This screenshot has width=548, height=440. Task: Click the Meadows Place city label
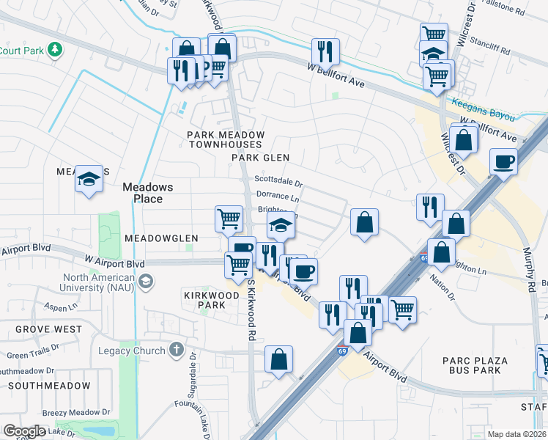click(x=147, y=193)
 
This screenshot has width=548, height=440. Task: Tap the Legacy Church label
click(x=132, y=351)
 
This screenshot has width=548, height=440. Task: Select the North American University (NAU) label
click(x=99, y=282)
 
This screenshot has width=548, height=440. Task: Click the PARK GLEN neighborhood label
click(x=261, y=158)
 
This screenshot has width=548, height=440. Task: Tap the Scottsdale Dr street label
click(x=278, y=180)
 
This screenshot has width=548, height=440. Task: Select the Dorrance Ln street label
click(x=278, y=197)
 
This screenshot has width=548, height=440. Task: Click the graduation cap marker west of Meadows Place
click(x=88, y=180)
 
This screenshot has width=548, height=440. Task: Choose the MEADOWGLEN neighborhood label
click(x=161, y=238)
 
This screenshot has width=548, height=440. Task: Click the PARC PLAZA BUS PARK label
click(x=472, y=365)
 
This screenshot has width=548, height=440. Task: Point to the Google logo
click(x=24, y=431)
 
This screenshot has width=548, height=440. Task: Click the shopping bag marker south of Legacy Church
click(x=278, y=360)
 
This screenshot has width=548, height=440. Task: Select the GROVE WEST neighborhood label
click(x=48, y=329)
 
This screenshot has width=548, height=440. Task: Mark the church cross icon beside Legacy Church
click(x=176, y=350)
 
